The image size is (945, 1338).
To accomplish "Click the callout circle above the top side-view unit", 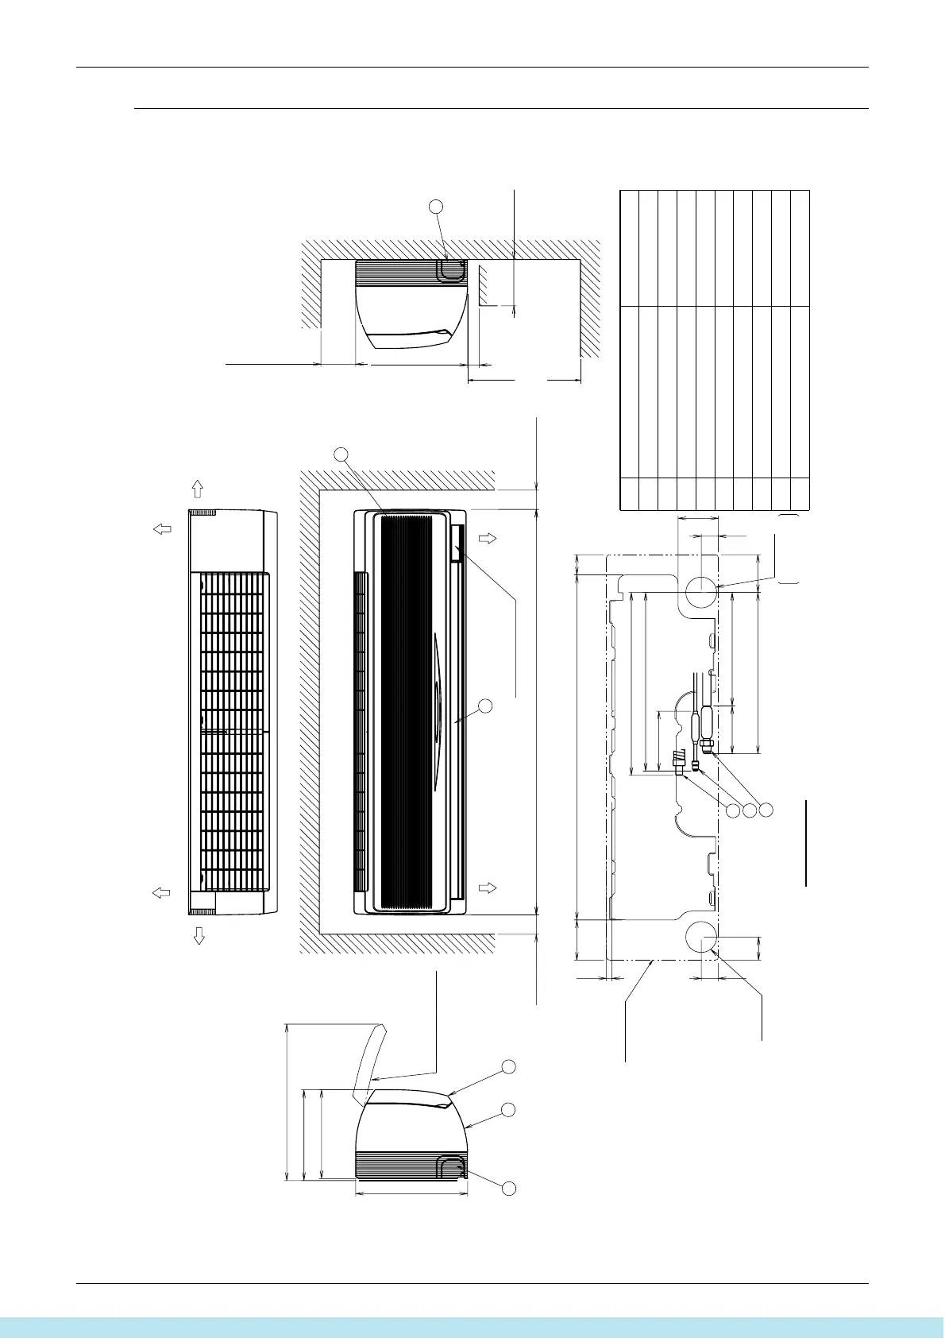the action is click(x=435, y=207).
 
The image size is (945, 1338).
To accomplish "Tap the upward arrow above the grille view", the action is click(x=199, y=489).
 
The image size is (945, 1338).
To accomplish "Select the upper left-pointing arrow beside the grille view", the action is click(x=163, y=529).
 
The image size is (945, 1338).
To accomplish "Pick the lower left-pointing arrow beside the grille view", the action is click(x=161, y=893).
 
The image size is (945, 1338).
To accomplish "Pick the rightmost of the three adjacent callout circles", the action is click(x=766, y=810).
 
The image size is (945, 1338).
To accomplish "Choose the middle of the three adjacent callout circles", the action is click(x=750, y=810).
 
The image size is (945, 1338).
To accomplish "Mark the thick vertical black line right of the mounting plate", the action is click(x=806, y=842).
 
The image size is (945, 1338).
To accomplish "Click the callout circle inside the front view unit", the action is click(x=487, y=706).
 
